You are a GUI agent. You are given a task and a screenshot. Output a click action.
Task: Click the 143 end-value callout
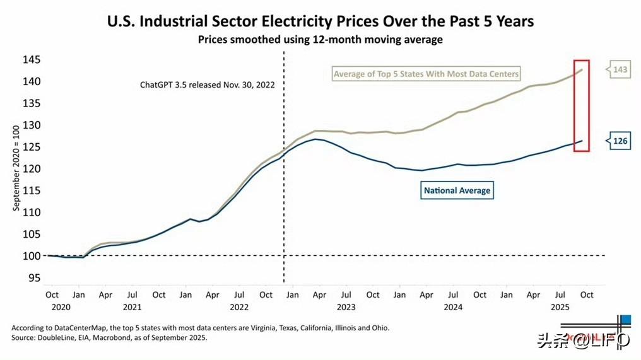coord(620,69)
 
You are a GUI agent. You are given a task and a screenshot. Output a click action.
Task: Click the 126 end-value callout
coord(620,141)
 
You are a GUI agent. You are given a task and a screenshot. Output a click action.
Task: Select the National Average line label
coord(457,190)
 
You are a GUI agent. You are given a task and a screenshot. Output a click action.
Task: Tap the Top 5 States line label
coord(426,74)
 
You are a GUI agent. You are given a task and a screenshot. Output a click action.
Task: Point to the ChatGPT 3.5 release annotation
coord(207,84)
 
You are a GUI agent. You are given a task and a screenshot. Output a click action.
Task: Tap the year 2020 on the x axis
coord(52,307)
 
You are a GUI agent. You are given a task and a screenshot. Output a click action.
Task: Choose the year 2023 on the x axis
coord(346,307)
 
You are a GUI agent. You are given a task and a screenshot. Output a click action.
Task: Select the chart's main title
coord(320,21)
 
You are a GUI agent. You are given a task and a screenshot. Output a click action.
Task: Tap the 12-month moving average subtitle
coord(320,40)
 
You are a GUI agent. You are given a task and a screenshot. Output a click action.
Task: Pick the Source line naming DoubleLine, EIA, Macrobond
coord(109,338)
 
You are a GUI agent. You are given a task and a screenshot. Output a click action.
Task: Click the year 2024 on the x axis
coord(452,307)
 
